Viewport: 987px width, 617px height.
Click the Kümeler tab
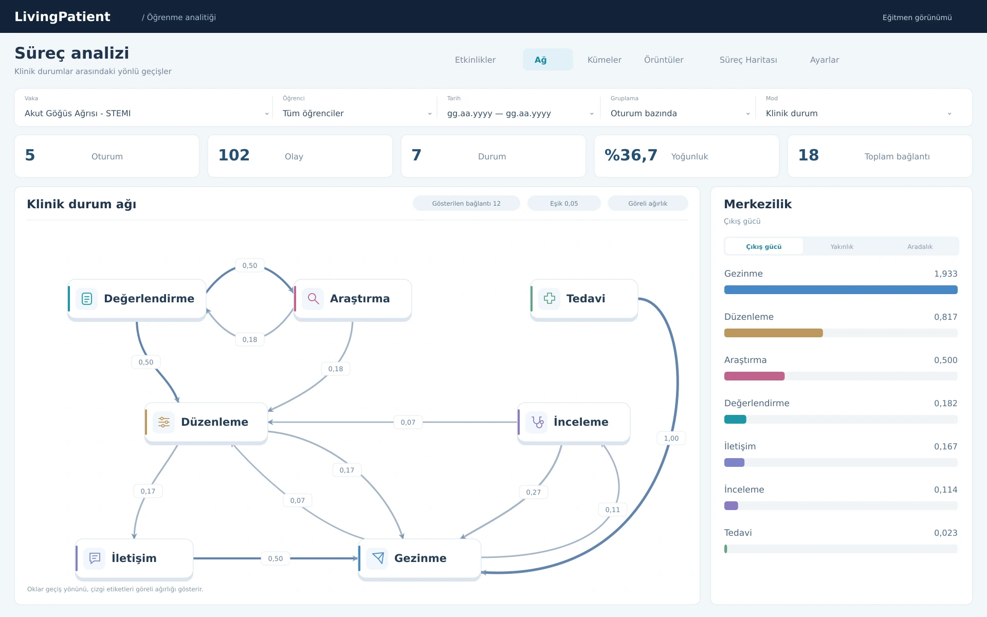pyautogui.click(x=604, y=60)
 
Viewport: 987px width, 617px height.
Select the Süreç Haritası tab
pyautogui.click(x=748, y=60)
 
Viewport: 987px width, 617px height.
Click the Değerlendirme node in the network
pyautogui.click(x=137, y=299)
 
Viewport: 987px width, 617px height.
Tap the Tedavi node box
pyautogui.click(x=584, y=299)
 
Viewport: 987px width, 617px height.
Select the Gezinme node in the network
pyautogui.click(x=419, y=559)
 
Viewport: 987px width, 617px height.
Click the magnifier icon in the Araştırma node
pyautogui.click(x=313, y=298)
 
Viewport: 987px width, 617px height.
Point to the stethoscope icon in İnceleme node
pyautogui.click(x=537, y=422)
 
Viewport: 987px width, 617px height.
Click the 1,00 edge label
pyautogui.click(x=671, y=438)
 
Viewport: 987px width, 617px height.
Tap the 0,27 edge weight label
pyautogui.click(x=534, y=492)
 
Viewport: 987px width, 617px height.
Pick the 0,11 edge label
pyautogui.click(x=613, y=510)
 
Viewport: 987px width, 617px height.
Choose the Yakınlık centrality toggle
pyautogui.click(x=842, y=246)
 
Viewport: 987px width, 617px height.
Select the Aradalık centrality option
pyautogui.click(x=920, y=246)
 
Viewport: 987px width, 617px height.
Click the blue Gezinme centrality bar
pyautogui.click(x=841, y=290)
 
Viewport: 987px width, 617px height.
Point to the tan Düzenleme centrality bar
pyautogui.click(x=774, y=333)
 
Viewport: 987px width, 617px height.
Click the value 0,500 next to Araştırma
pyautogui.click(x=946, y=360)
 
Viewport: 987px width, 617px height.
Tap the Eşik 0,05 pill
pyautogui.click(x=564, y=203)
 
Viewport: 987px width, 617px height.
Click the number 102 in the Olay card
pyautogui.click(x=234, y=155)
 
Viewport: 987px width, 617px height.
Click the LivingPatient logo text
pyautogui.click(x=62, y=16)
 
